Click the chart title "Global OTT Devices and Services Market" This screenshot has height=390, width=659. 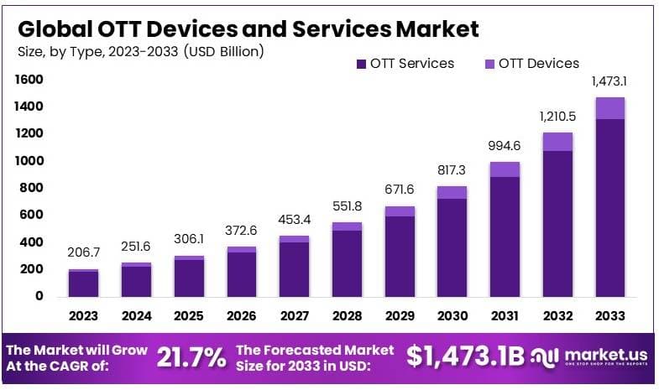(248, 29)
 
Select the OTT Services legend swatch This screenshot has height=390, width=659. (362, 64)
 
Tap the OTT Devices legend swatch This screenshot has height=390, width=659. (490, 64)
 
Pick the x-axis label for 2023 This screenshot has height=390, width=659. (83, 316)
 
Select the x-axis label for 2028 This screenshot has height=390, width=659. (347, 316)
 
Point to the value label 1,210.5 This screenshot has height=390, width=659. (557, 116)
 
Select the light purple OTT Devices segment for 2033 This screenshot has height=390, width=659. (610, 108)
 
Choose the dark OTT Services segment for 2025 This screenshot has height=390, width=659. (189, 277)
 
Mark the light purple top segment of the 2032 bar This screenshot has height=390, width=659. (557, 142)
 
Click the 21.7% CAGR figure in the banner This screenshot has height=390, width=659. (191, 357)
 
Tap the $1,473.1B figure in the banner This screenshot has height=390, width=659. (466, 356)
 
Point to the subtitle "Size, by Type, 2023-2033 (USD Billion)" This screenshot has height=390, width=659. (140, 52)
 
